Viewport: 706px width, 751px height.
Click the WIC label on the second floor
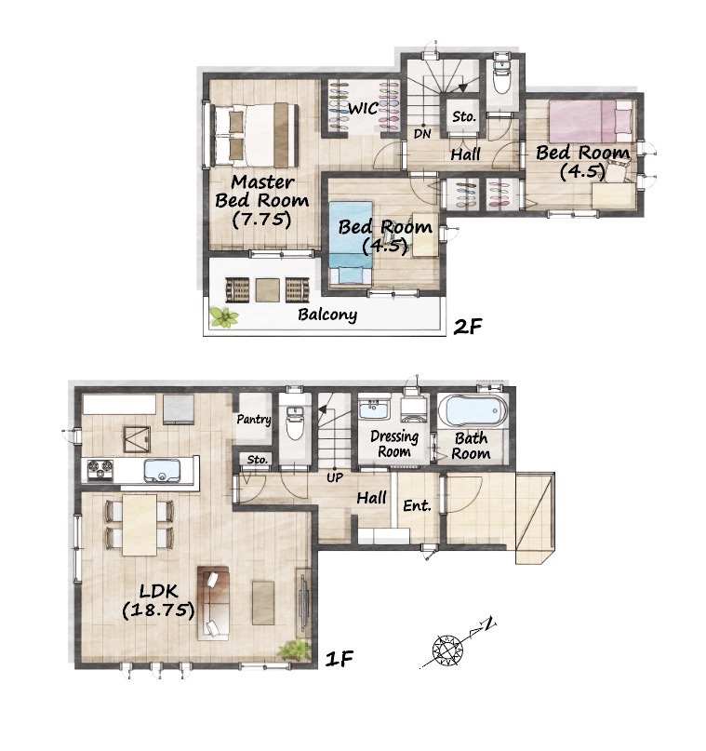[x=364, y=108]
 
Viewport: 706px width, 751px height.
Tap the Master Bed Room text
[x=261, y=191]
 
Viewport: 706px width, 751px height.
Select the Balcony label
[x=327, y=315]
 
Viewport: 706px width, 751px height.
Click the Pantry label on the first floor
[x=254, y=420]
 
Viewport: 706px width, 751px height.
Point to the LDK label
[x=159, y=591]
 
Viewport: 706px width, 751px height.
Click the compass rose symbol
[x=448, y=650]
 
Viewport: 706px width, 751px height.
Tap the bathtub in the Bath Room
[x=472, y=410]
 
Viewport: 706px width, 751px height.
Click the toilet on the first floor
[x=293, y=423]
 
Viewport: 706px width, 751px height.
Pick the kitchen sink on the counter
[x=162, y=471]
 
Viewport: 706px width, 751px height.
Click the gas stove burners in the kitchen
[x=100, y=469]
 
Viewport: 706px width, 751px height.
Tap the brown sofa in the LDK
[x=213, y=603]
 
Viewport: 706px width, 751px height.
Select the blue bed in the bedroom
[x=351, y=242]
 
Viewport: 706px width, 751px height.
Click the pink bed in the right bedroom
[x=590, y=121]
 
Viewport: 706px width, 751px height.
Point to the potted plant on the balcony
[x=223, y=317]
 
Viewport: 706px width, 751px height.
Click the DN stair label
[x=422, y=134]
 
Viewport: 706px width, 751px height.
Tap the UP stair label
[x=335, y=477]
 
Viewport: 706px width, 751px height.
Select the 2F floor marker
[x=467, y=327]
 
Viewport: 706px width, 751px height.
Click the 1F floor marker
[x=340, y=659]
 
